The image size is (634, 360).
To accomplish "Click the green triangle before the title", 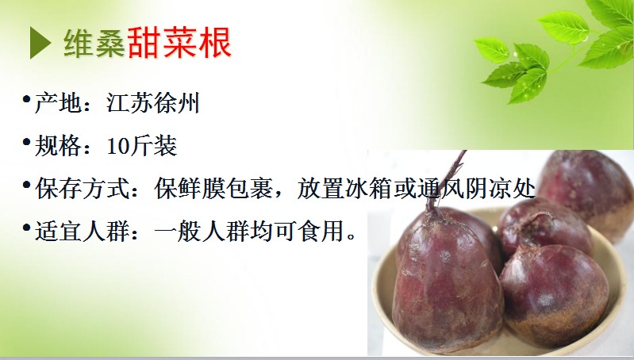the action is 40,43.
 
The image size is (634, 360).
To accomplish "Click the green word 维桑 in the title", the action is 94,43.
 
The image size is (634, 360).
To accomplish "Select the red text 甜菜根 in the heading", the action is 179,43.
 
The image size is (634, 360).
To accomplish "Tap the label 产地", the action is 58,102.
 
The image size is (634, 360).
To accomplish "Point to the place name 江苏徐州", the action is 153,102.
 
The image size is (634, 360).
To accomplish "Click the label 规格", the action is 58,146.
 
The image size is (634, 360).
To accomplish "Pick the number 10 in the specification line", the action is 118,146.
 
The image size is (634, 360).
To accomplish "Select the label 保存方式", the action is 82,189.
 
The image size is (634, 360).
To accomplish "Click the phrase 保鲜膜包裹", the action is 214,189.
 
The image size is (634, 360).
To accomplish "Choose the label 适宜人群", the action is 82,232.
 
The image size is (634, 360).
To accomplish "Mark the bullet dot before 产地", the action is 27,99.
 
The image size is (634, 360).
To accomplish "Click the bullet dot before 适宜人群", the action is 27,228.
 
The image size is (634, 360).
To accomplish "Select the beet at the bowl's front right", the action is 554,294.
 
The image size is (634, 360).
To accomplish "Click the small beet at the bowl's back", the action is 544,229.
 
